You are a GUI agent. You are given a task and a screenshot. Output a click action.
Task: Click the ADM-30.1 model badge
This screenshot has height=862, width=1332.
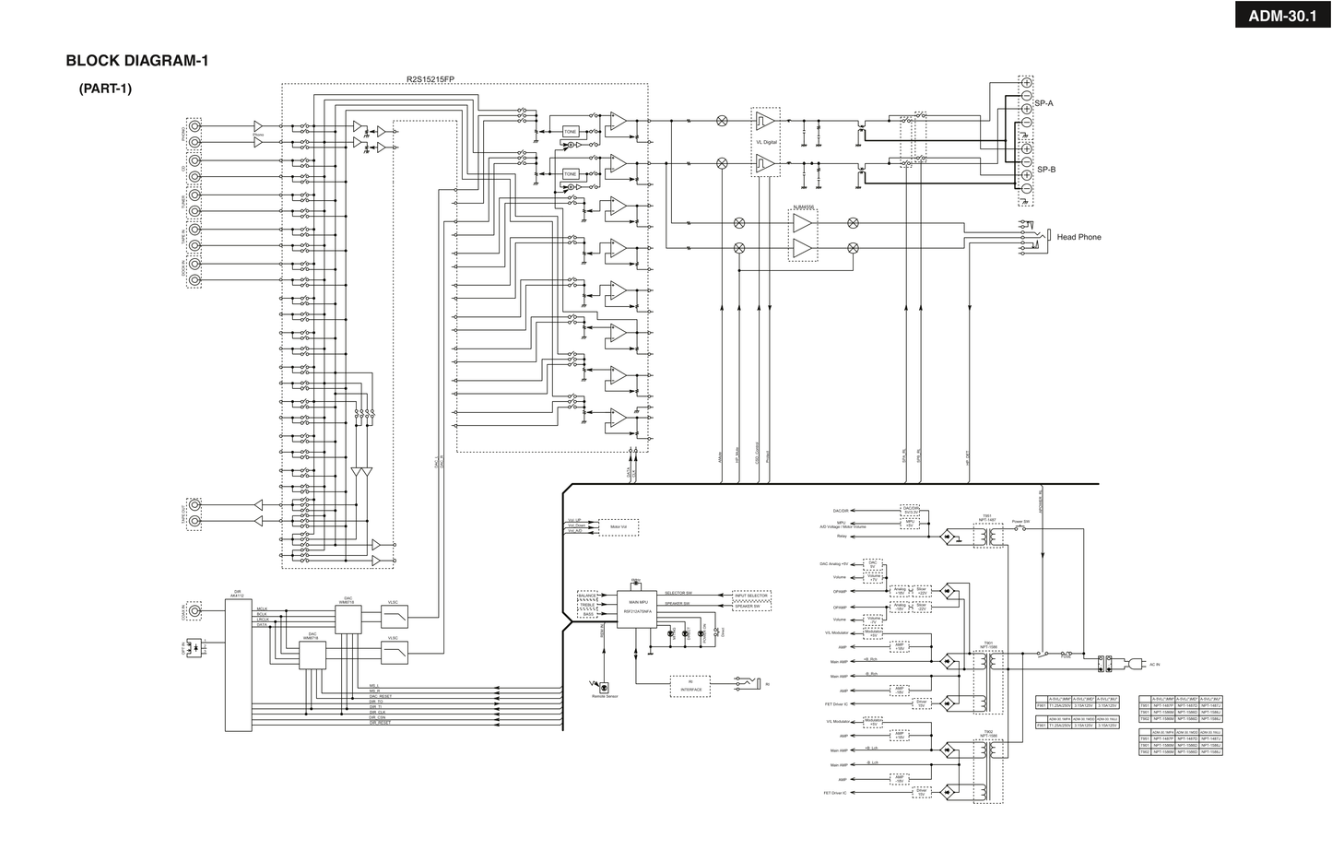coord(1282,15)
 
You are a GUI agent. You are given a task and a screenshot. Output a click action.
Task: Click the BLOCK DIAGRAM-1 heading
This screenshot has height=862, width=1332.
coord(137,61)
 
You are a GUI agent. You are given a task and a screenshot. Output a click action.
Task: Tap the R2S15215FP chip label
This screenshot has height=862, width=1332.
coord(430,79)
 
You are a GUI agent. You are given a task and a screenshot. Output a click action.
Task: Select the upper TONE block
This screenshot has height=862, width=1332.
coord(570,132)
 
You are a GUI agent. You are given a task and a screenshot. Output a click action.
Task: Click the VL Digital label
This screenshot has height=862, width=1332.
coord(766,142)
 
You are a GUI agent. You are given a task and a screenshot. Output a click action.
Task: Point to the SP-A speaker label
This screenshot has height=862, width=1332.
coord(1043,103)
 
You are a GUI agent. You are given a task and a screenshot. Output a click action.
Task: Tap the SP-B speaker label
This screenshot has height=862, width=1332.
coord(1046,170)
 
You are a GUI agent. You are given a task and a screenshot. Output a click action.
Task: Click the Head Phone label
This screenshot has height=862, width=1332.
coord(1079,237)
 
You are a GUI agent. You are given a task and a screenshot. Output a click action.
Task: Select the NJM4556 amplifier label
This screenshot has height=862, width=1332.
coord(803,207)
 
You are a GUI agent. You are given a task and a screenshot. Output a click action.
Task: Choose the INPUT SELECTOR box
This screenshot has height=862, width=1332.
coord(751,596)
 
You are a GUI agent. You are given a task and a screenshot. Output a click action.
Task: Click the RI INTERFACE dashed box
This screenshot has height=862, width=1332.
coord(690,686)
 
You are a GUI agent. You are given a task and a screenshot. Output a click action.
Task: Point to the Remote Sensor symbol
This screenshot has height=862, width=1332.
coord(604,688)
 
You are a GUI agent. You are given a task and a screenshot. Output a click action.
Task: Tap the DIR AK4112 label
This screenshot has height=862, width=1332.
coord(238,593)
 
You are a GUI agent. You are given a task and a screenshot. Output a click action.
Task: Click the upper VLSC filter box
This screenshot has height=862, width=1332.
coord(394,617)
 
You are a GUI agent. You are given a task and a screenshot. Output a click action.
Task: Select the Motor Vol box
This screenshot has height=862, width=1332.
coord(618,527)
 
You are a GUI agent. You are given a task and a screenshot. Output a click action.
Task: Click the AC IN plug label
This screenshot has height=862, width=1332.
coord(1154,664)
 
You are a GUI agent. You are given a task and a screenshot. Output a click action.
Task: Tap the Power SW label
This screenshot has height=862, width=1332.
coord(1020,522)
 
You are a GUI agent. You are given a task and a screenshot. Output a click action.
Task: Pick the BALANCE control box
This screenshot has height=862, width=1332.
coord(587,596)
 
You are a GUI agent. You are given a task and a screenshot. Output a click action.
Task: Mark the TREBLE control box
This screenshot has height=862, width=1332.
coord(587,605)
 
